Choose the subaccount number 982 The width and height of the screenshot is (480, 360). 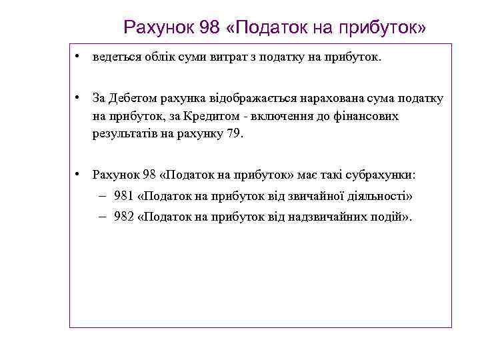pyautogui.click(x=123, y=218)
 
